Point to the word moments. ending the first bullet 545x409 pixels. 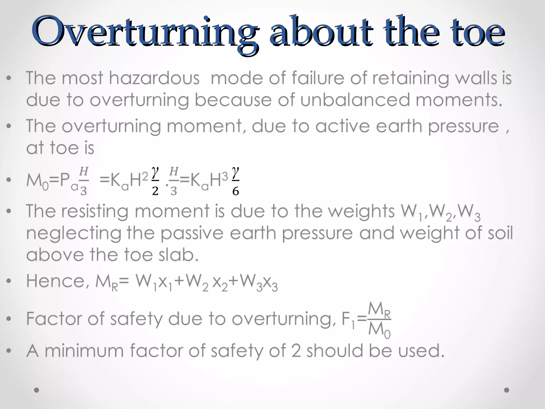(459, 100)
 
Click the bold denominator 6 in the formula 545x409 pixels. (236, 191)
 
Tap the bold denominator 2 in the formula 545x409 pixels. (155, 191)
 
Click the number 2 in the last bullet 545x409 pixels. (296, 351)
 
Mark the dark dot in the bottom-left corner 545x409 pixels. (37, 390)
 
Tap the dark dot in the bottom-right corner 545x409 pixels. (507, 390)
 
